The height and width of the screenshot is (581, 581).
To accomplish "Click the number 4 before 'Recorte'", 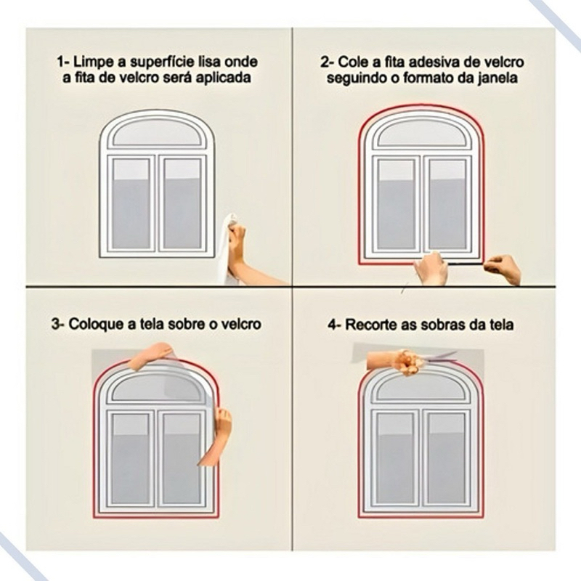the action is [x=332, y=325].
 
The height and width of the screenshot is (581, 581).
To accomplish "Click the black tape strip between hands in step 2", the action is [x=465, y=264].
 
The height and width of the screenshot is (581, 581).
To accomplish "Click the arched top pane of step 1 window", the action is [x=159, y=132].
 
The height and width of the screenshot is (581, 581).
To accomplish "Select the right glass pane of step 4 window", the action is [x=446, y=459].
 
